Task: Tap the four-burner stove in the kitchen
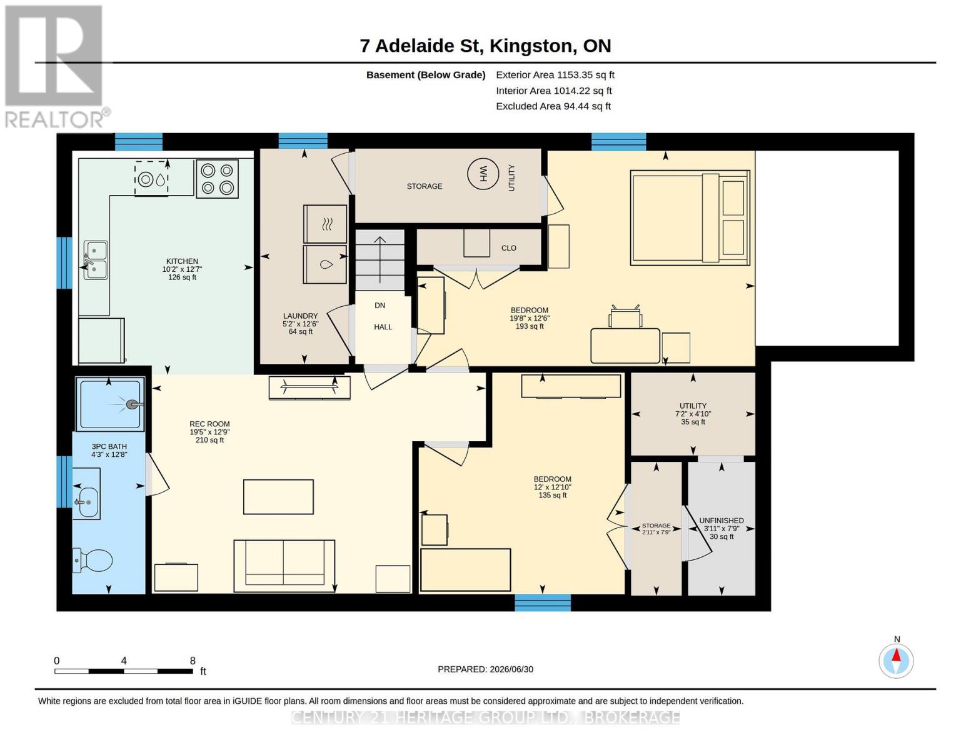pos(217,179)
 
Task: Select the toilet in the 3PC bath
pos(93,560)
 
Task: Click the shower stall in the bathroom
pos(110,404)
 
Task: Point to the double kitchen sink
pos(96,260)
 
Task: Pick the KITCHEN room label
pos(182,261)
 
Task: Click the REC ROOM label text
pos(209,424)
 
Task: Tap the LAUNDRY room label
pos(300,316)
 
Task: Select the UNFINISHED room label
pos(721,521)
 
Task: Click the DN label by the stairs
pos(380,306)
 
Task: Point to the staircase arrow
pos(380,260)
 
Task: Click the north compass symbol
pos(896,660)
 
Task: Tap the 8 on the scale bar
pos(193,661)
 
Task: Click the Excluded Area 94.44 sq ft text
pos(553,106)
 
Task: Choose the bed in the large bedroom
pos(690,217)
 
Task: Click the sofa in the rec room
pos(284,566)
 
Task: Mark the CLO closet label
pos(508,248)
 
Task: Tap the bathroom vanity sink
pos(86,494)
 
